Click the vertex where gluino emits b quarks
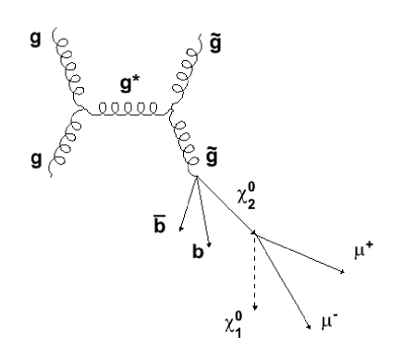click(x=196, y=179)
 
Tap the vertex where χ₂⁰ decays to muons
click(x=254, y=235)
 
